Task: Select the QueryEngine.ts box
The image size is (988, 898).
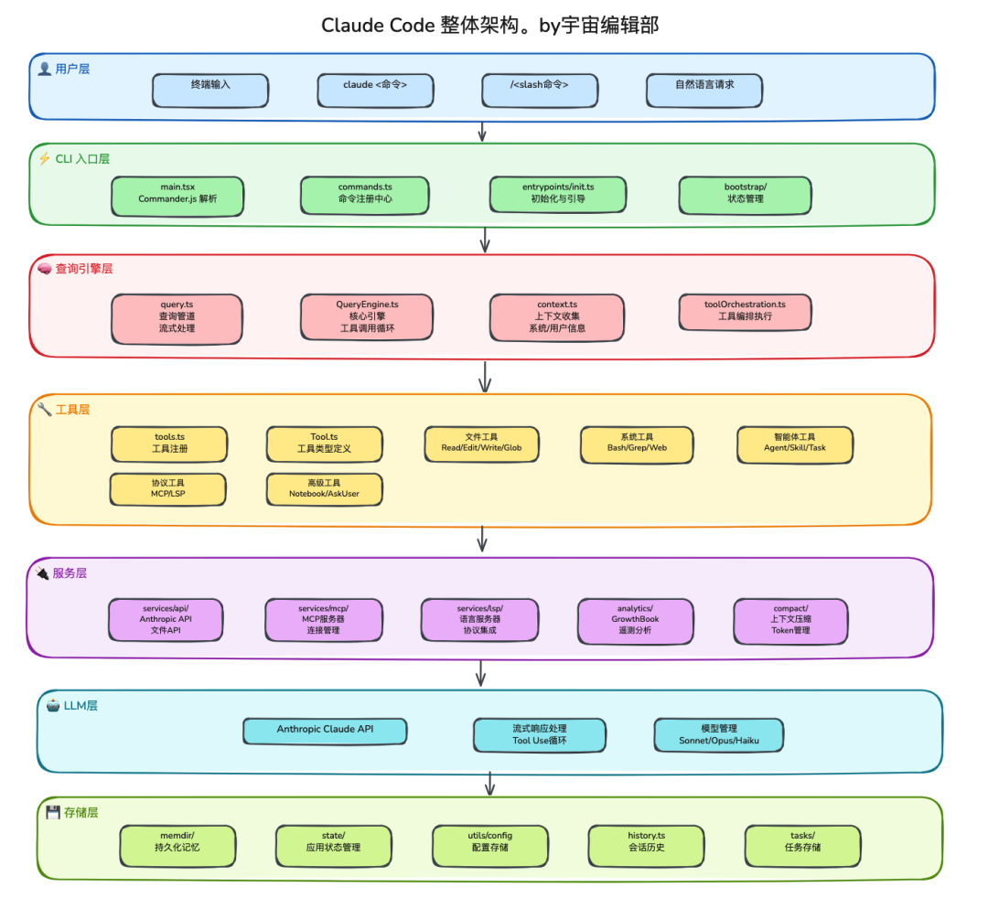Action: [366, 316]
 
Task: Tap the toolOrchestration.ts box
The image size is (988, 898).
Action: [745, 310]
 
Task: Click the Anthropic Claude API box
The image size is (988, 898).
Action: [325, 730]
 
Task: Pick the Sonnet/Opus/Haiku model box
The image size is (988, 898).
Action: [719, 734]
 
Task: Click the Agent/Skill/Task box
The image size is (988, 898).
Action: [794, 443]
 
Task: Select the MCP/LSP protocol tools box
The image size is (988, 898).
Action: [167, 487]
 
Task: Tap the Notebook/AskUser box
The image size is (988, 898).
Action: [324, 487]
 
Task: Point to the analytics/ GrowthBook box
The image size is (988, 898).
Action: [635, 619]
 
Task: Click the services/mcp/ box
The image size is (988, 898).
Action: [323, 619]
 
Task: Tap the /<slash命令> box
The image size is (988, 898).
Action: [540, 90]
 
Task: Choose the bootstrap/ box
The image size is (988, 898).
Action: [745, 193]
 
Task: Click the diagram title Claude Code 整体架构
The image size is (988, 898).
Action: [490, 26]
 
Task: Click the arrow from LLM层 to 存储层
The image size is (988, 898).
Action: [490, 784]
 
